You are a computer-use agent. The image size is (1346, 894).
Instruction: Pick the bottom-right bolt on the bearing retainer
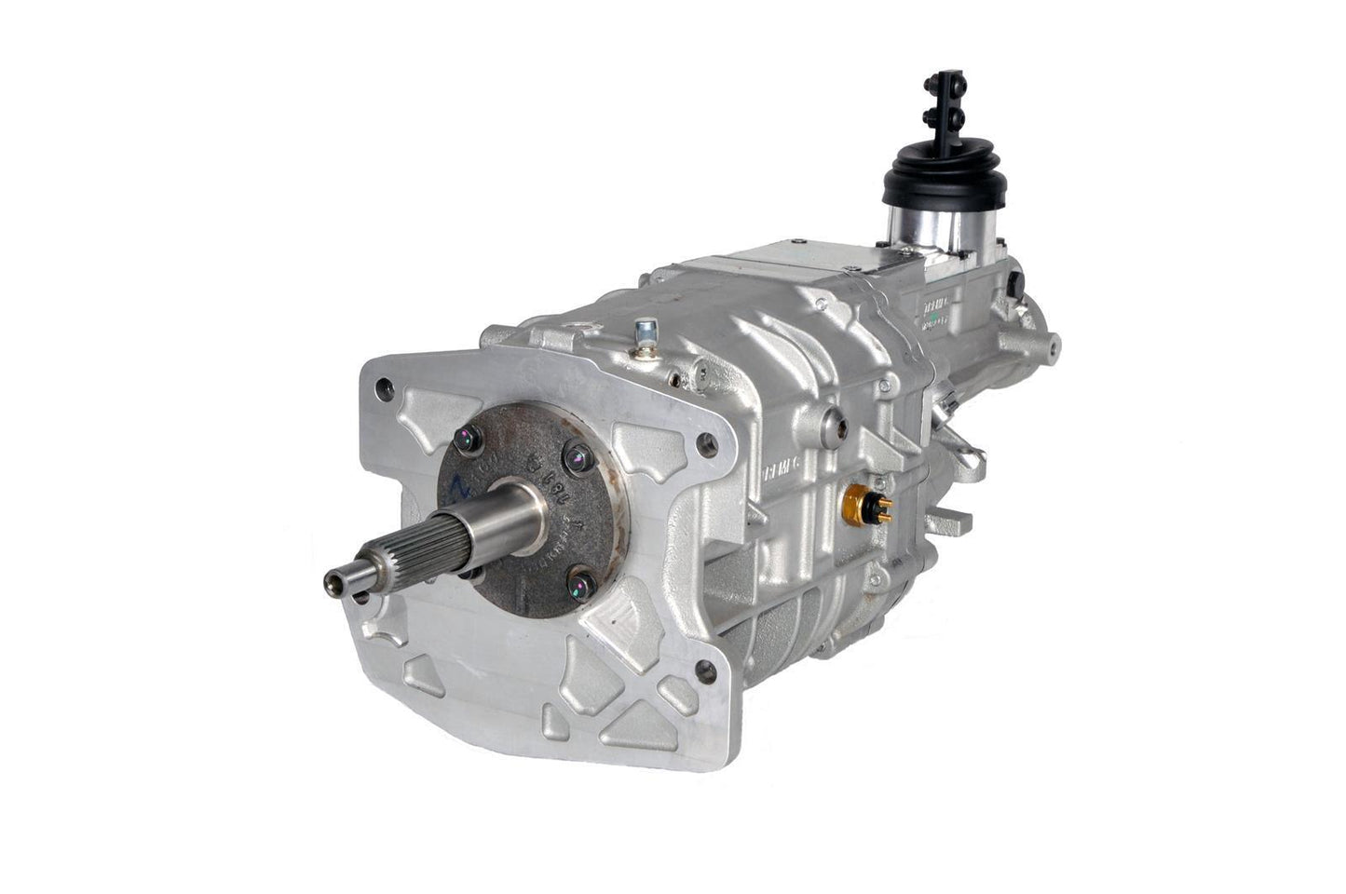(581, 584)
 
